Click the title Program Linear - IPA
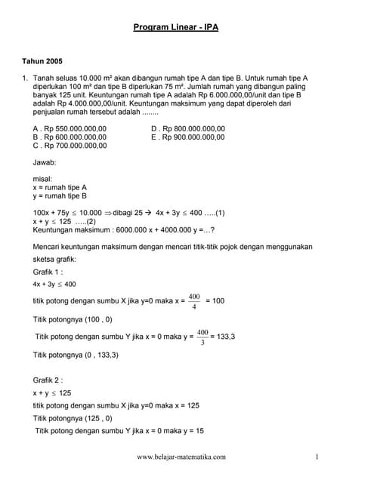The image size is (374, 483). point(175,27)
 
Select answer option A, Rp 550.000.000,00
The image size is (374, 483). point(70,128)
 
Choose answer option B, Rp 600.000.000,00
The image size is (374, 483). point(70,137)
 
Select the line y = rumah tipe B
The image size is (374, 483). point(60,195)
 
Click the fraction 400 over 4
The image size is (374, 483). point(194,300)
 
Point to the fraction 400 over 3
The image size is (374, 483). point(202,336)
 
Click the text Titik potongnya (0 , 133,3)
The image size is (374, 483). point(76,354)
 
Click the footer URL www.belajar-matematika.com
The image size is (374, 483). point(181,457)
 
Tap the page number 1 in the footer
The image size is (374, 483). point(318,457)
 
